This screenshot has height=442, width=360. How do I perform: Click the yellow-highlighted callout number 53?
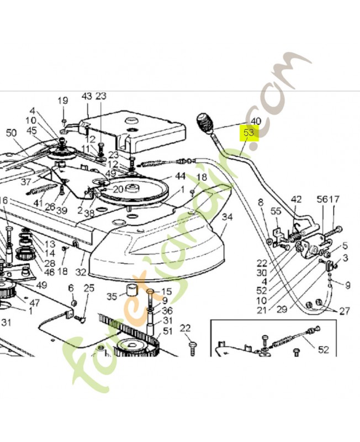tap(249, 133)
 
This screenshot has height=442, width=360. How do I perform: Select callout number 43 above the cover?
tap(87, 96)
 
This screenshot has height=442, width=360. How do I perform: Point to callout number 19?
tap(62, 101)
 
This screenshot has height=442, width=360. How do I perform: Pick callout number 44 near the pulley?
tap(180, 176)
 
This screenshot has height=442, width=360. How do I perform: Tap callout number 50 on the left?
tap(12, 133)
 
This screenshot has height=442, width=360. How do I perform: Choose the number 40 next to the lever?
tap(256, 121)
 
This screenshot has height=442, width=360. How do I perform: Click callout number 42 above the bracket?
tap(297, 199)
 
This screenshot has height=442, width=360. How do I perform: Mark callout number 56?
tap(322, 199)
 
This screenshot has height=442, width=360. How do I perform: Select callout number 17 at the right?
tap(335, 199)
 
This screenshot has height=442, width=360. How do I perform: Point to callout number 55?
tap(276, 211)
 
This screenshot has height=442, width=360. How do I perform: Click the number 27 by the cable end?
tap(344, 311)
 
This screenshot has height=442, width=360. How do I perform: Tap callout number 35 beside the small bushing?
tap(112, 297)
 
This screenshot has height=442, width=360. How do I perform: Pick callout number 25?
tap(89, 288)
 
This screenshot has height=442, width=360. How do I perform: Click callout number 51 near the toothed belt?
tap(168, 331)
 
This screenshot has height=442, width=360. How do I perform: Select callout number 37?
tap(26, 182)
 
